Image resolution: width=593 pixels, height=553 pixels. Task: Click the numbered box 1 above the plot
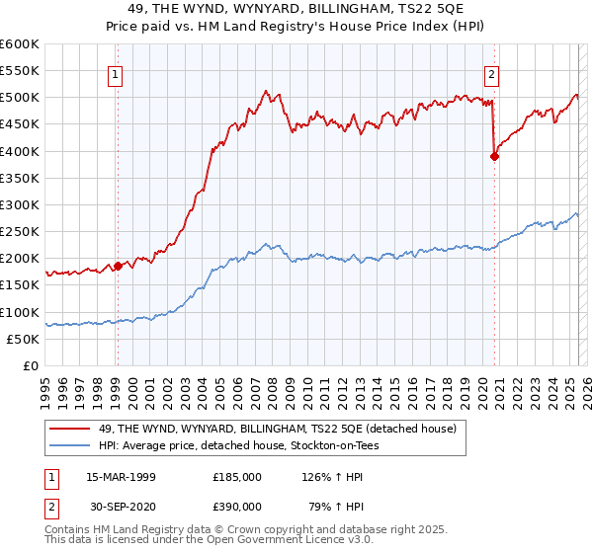(116, 72)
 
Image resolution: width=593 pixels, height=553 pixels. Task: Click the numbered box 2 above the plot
(491, 72)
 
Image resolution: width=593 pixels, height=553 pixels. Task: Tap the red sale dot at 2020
(494, 156)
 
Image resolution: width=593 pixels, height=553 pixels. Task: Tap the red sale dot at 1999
(118, 266)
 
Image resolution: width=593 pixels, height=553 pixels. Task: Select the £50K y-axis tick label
(23, 339)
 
